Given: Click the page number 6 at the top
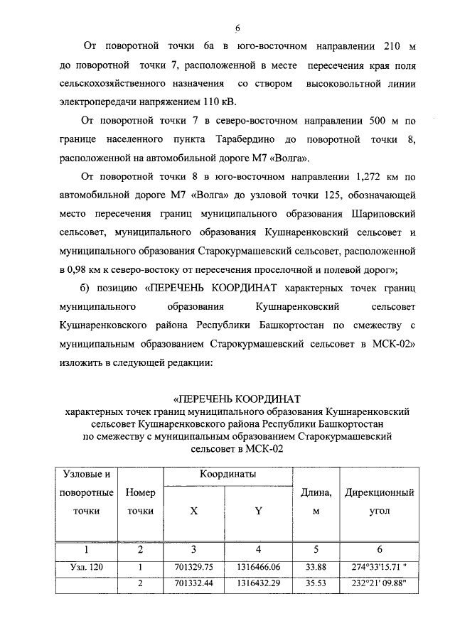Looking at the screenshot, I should point(239,28).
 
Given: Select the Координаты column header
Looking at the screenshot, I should point(227,474).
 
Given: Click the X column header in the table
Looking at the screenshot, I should point(194,510).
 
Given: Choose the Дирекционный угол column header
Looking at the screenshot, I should point(379,501).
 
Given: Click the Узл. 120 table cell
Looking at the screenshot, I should point(86,567).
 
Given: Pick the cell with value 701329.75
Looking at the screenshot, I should point(194,567).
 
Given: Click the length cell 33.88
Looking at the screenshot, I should point(314,567).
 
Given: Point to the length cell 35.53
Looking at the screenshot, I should point(314,583).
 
